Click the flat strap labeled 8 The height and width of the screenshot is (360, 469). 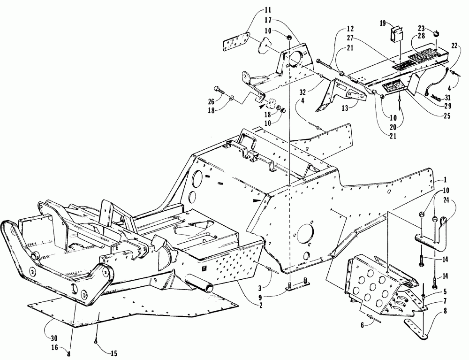coord(417,329)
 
